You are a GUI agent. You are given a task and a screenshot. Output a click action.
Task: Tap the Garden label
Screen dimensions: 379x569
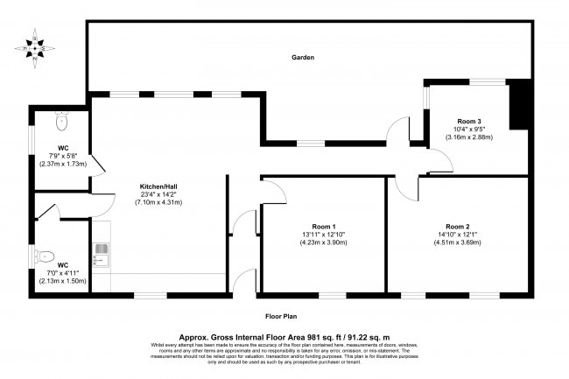[303, 58]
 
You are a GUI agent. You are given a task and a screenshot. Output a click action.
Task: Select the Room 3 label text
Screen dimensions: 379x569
[469, 120]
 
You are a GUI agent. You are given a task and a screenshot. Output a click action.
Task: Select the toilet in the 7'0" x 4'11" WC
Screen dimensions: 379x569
[46, 256]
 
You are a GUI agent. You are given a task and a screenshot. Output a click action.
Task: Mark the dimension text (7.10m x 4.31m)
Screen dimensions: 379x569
[158, 203]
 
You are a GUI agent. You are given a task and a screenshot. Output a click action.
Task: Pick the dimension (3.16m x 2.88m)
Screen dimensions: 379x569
[469, 137]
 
